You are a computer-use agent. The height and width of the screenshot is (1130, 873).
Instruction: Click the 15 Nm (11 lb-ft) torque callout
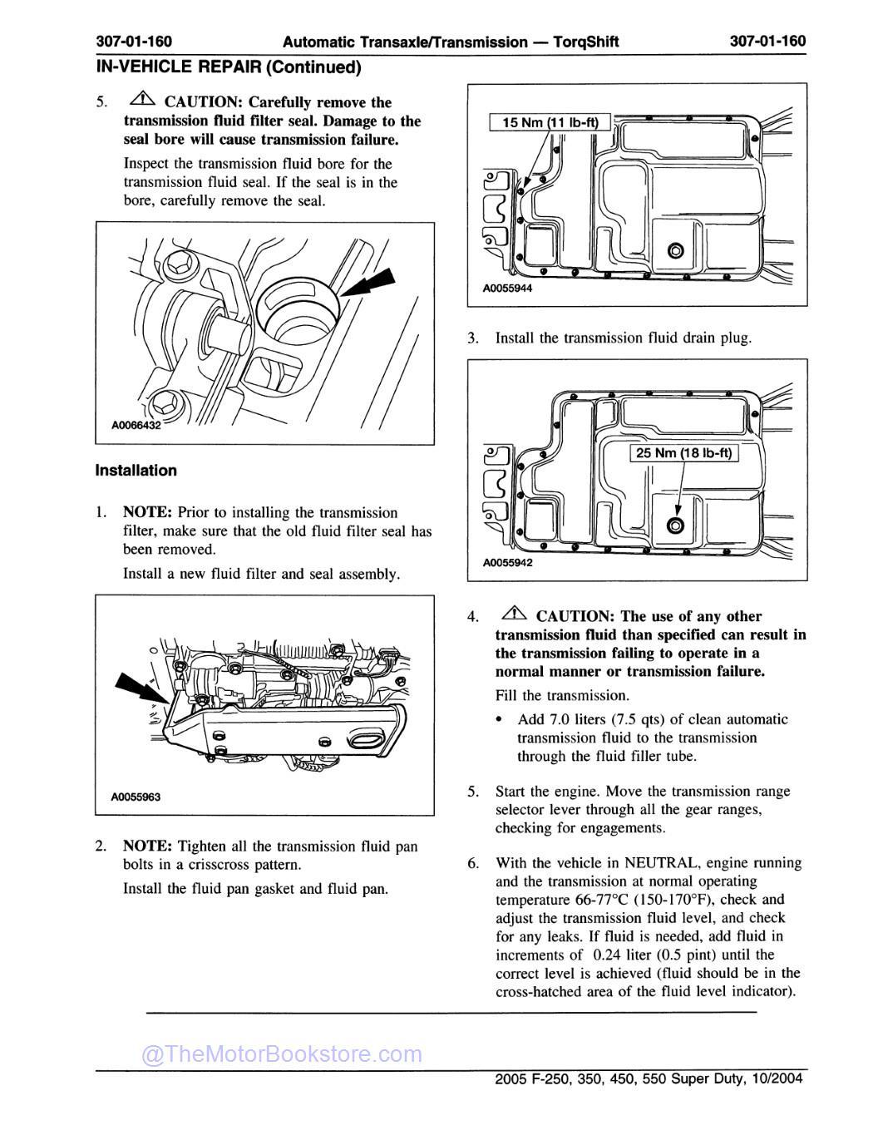pyautogui.click(x=550, y=123)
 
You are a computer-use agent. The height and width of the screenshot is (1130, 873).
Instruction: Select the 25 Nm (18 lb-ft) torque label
pyautogui.click(x=683, y=453)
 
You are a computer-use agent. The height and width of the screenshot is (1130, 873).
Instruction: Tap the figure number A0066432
pyautogui.click(x=136, y=425)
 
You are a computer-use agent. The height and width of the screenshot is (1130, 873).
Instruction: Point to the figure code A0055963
pyautogui.click(x=136, y=797)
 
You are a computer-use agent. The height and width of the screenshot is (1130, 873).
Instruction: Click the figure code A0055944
pyautogui.click(x=507, y=289)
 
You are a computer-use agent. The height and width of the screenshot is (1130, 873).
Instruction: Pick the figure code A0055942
pyautogui.click(x=507, y=562)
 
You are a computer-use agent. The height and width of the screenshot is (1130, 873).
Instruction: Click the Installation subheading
pyautogui.click(x=136, y=471)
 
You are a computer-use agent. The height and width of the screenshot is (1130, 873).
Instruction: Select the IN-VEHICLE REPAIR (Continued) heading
pyautogui.click(x=229, y=67)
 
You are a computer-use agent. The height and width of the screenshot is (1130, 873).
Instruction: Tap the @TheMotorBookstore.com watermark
pyautogui.click(x=282, y=1054)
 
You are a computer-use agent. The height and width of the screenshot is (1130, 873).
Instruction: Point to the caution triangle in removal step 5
pyautogui.click(x=143, y=101)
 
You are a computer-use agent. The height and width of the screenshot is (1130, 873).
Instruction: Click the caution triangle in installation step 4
pyautogui.click(x=515, y=614)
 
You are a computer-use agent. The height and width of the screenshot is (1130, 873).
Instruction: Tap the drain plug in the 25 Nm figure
pyautogui.click(x=674, y=525)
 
